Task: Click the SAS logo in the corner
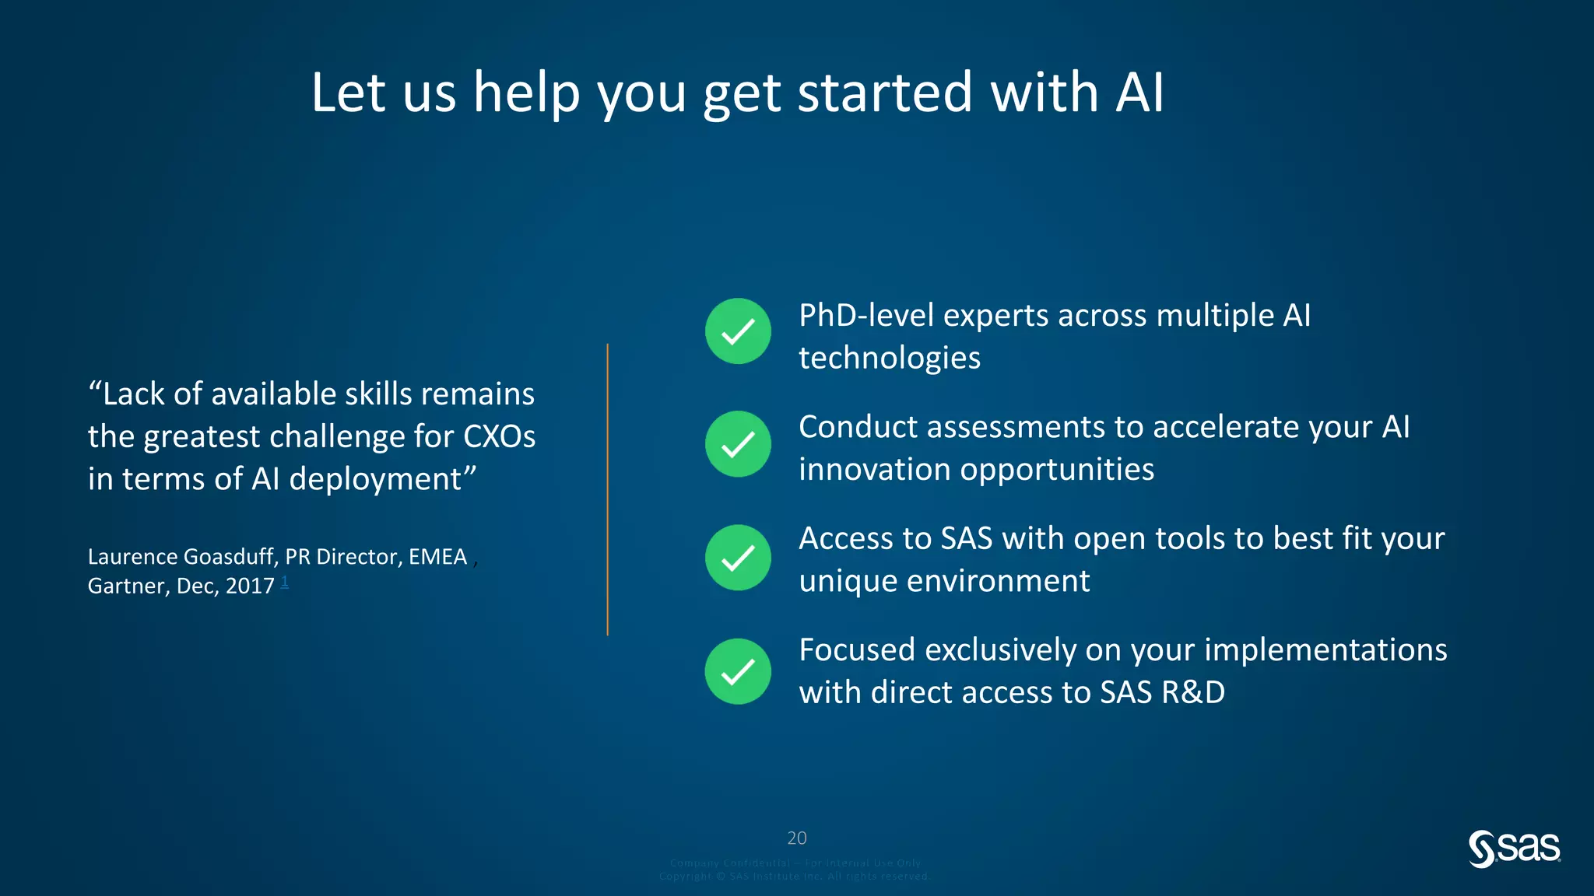pyautogui.click(x=1514, y=849)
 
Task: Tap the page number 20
pyautogui.click(x=796, y=838)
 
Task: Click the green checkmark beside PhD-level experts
pyautogui.click(x=738, y=331)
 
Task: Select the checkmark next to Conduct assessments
pyautogui.click(x=738, y=444)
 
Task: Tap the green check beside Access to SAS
pyautogui.click(x=738, y=558)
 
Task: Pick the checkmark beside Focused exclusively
pyautogui.click(x=738, y=671)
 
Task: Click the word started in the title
pyautogui.click(x=885, y=93)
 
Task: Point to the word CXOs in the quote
pyautogui.click(x=499, y=436)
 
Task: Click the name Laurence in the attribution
pyautogui.click(x=132, y=557)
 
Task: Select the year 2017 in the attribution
pyautogui.click(x=249, y=586)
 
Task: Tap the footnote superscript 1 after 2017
pyautogui.click(x=285, y=581)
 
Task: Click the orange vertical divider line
pyautogui.click(x=607, y=490)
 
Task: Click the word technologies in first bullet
pyautogui.click(x=889, y=358)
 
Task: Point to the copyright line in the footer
pyautogui.click(x=794, y=877)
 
